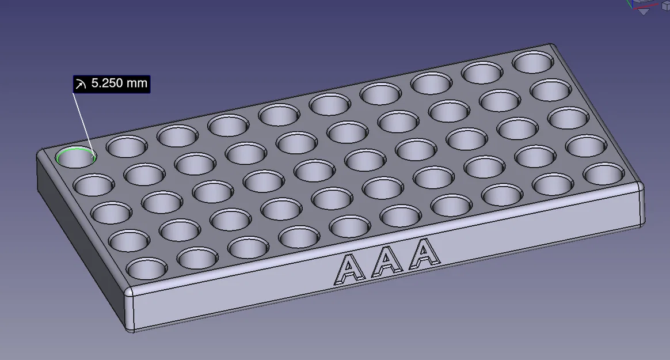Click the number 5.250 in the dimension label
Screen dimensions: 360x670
[107, 83]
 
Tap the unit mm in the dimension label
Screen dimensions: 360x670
[137, 83]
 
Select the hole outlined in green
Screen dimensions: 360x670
[76, 157]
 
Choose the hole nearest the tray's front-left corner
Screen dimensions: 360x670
[146, 269]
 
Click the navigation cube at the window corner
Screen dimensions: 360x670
[645, 6]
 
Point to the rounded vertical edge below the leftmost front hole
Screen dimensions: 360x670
[130, 311]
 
